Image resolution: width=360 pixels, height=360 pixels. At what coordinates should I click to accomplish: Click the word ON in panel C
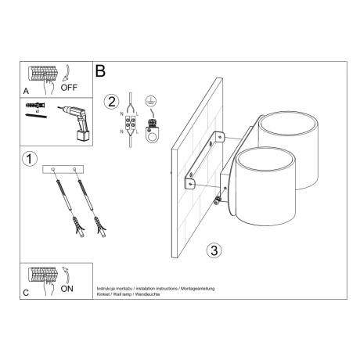[67, 288]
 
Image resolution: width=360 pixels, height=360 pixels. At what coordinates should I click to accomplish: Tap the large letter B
[100, 70]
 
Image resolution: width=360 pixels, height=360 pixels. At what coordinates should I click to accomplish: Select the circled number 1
[28, 159]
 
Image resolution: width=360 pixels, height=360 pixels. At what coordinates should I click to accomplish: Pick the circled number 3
[212, 250]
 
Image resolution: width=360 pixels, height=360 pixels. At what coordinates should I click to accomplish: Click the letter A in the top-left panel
[27, 90]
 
